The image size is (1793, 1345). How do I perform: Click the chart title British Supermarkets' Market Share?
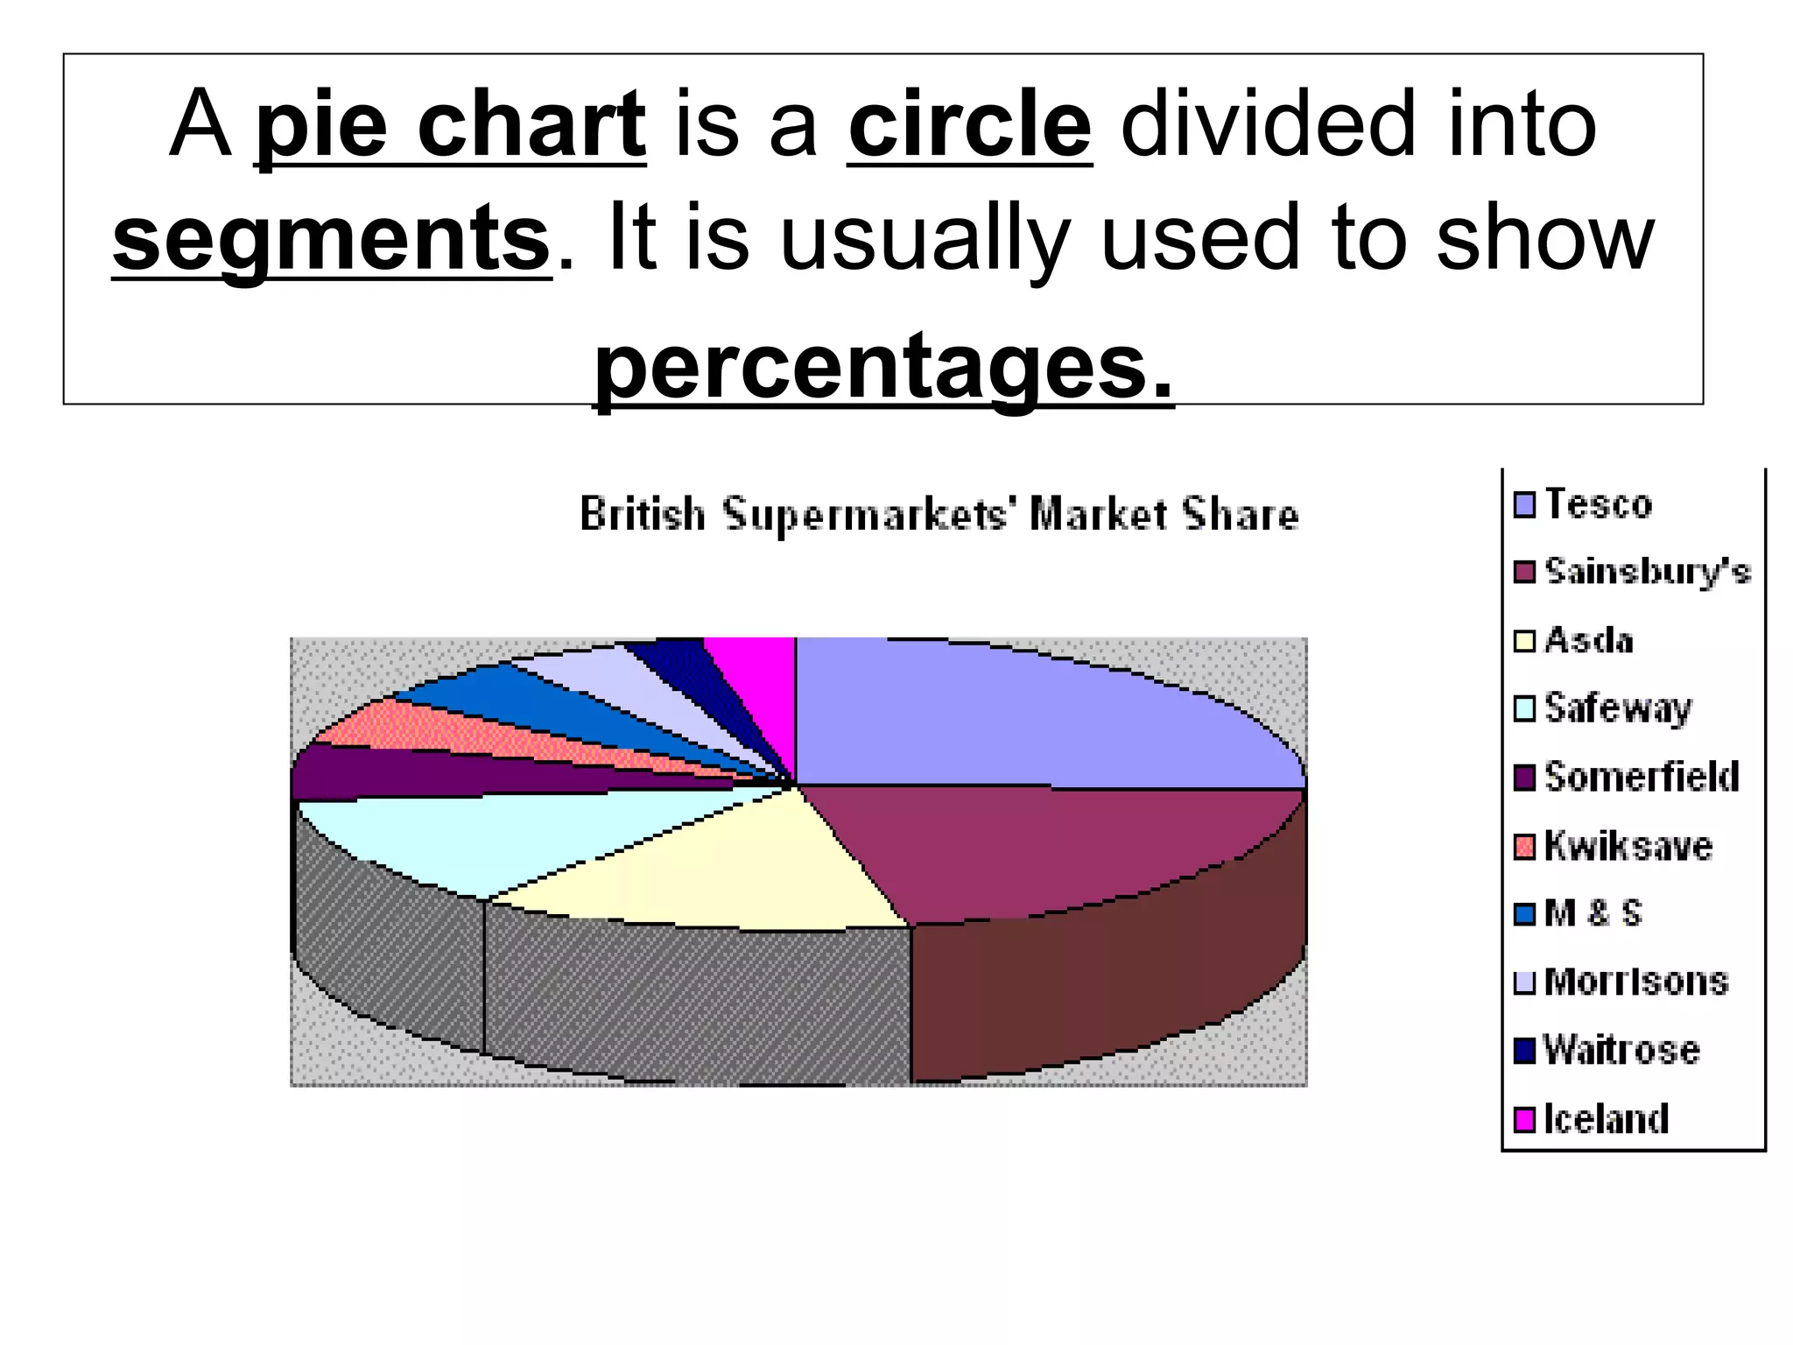coord(939,514)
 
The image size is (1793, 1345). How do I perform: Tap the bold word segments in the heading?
coord(331,238)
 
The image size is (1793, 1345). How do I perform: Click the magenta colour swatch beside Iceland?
coord(1524,1120)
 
